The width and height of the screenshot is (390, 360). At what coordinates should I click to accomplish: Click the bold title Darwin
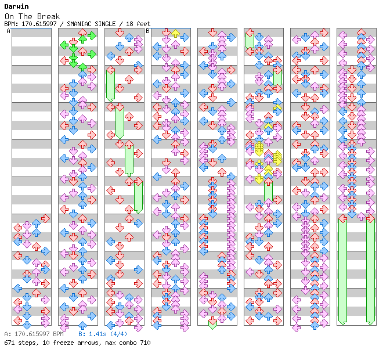tap(16, 6)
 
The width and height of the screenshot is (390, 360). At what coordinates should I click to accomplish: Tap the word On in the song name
tap(8, 16)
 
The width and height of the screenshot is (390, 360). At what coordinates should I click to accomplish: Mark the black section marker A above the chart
tap(8, 31)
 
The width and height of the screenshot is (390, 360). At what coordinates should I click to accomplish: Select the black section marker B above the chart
tap(147, 31)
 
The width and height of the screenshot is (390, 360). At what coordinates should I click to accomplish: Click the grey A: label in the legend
tap(7, 334)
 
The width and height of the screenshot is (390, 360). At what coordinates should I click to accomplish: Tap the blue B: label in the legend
tap(82, 334)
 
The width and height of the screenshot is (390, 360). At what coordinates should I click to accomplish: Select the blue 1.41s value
tap(96, 334)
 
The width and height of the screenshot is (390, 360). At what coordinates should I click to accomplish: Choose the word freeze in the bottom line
tap(65, 343)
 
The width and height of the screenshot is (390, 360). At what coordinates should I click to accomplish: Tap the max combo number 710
tap(144, 343)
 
